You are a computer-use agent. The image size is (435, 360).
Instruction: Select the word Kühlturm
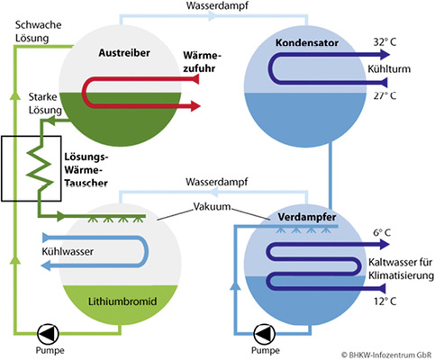pos(389,69)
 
